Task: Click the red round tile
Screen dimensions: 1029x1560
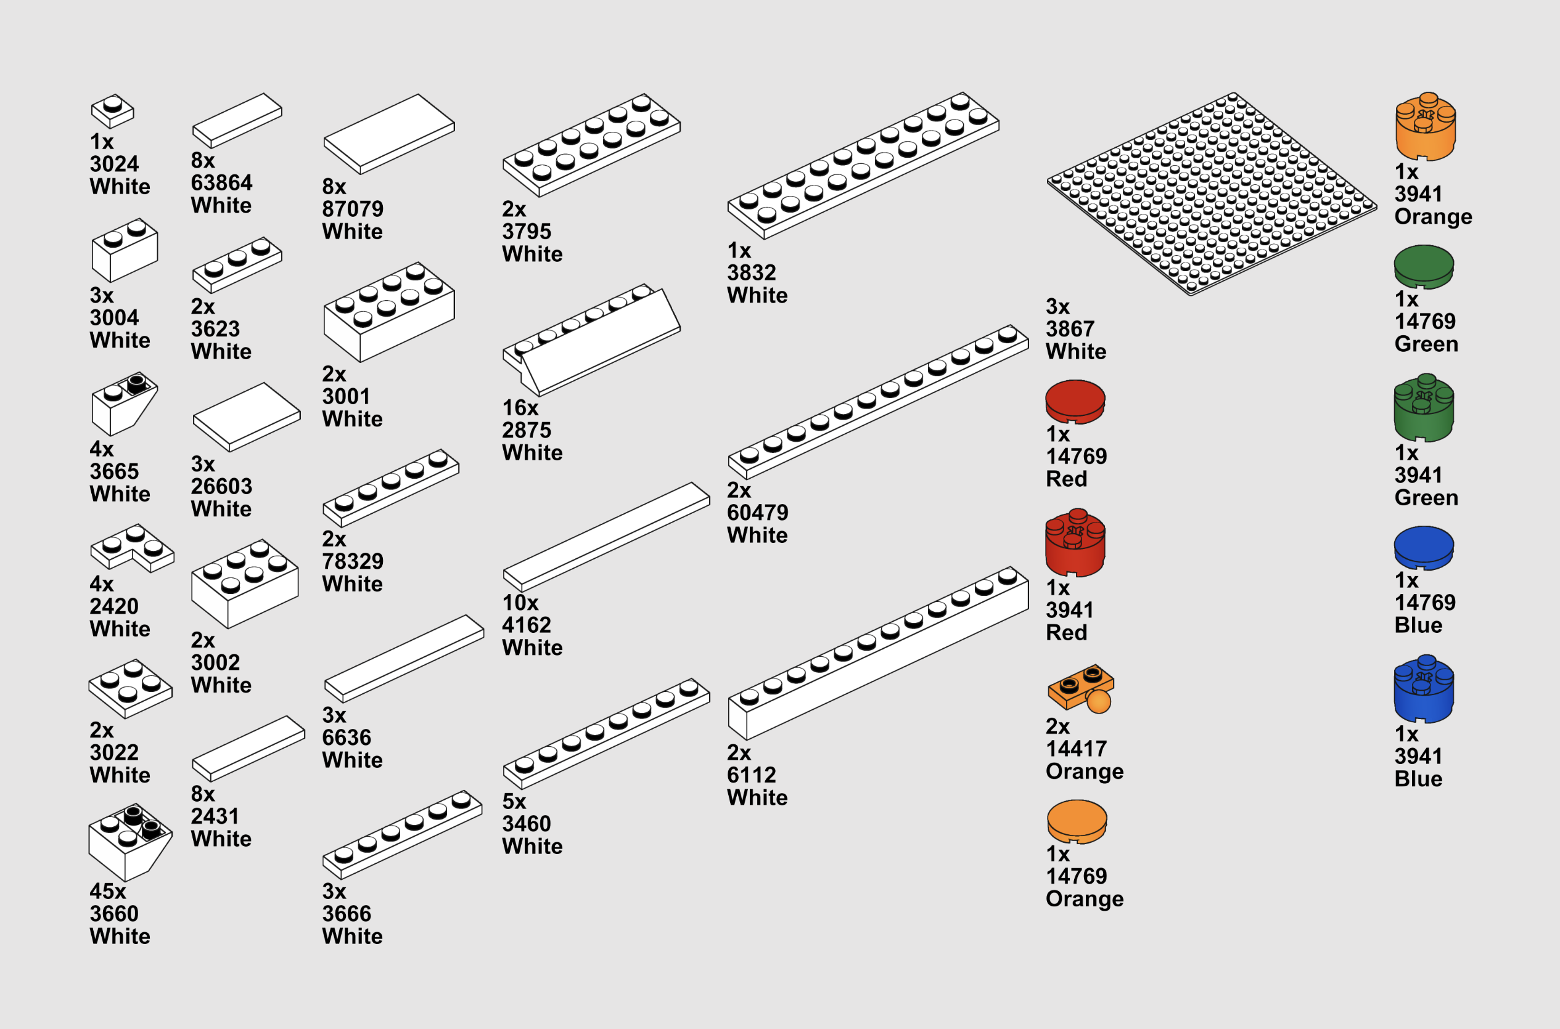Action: [1075, 401]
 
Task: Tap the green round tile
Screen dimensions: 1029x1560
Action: [1424, 266]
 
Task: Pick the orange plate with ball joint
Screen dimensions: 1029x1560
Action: [1080, 688]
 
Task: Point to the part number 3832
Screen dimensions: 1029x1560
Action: [751, 272]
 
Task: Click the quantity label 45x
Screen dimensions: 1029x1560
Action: [108, 891]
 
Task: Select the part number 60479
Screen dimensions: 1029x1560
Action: [757, 513]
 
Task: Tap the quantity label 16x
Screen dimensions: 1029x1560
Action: [520, 407]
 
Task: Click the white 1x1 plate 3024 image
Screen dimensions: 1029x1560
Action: [112, 111]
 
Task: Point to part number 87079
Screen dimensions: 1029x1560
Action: [353, 209]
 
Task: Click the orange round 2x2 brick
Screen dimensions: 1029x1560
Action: [1425, 127]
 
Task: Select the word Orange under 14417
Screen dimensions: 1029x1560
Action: [1084, 771]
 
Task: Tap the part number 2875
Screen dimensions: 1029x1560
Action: [526, 430]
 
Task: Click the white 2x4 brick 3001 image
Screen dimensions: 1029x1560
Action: [388, 311]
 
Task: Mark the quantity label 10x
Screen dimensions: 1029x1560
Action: [520, 603]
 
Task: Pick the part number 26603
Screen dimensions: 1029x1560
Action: [221, 486]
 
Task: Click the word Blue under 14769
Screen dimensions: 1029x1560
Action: [1418, 625]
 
